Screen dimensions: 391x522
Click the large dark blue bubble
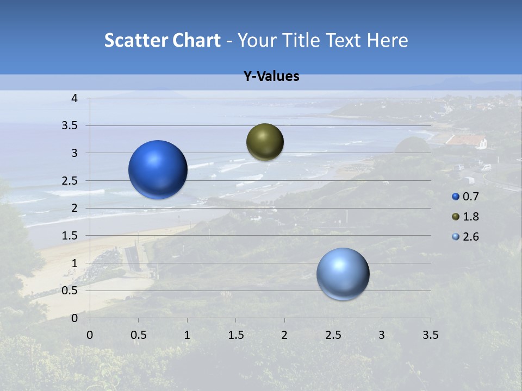[x=158, y=169]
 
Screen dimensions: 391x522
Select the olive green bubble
[x=265, y=142]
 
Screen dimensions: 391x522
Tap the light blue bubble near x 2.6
[x=343, y=274]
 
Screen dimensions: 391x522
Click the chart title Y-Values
[x=271, y=77]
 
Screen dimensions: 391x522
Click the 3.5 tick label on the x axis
[x=430, y=335]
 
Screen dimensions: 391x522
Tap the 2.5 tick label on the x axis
[x=333, y=335]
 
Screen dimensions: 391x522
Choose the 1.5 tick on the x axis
[x=235, y=335]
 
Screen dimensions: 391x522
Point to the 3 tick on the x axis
[x=382, y=335]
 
